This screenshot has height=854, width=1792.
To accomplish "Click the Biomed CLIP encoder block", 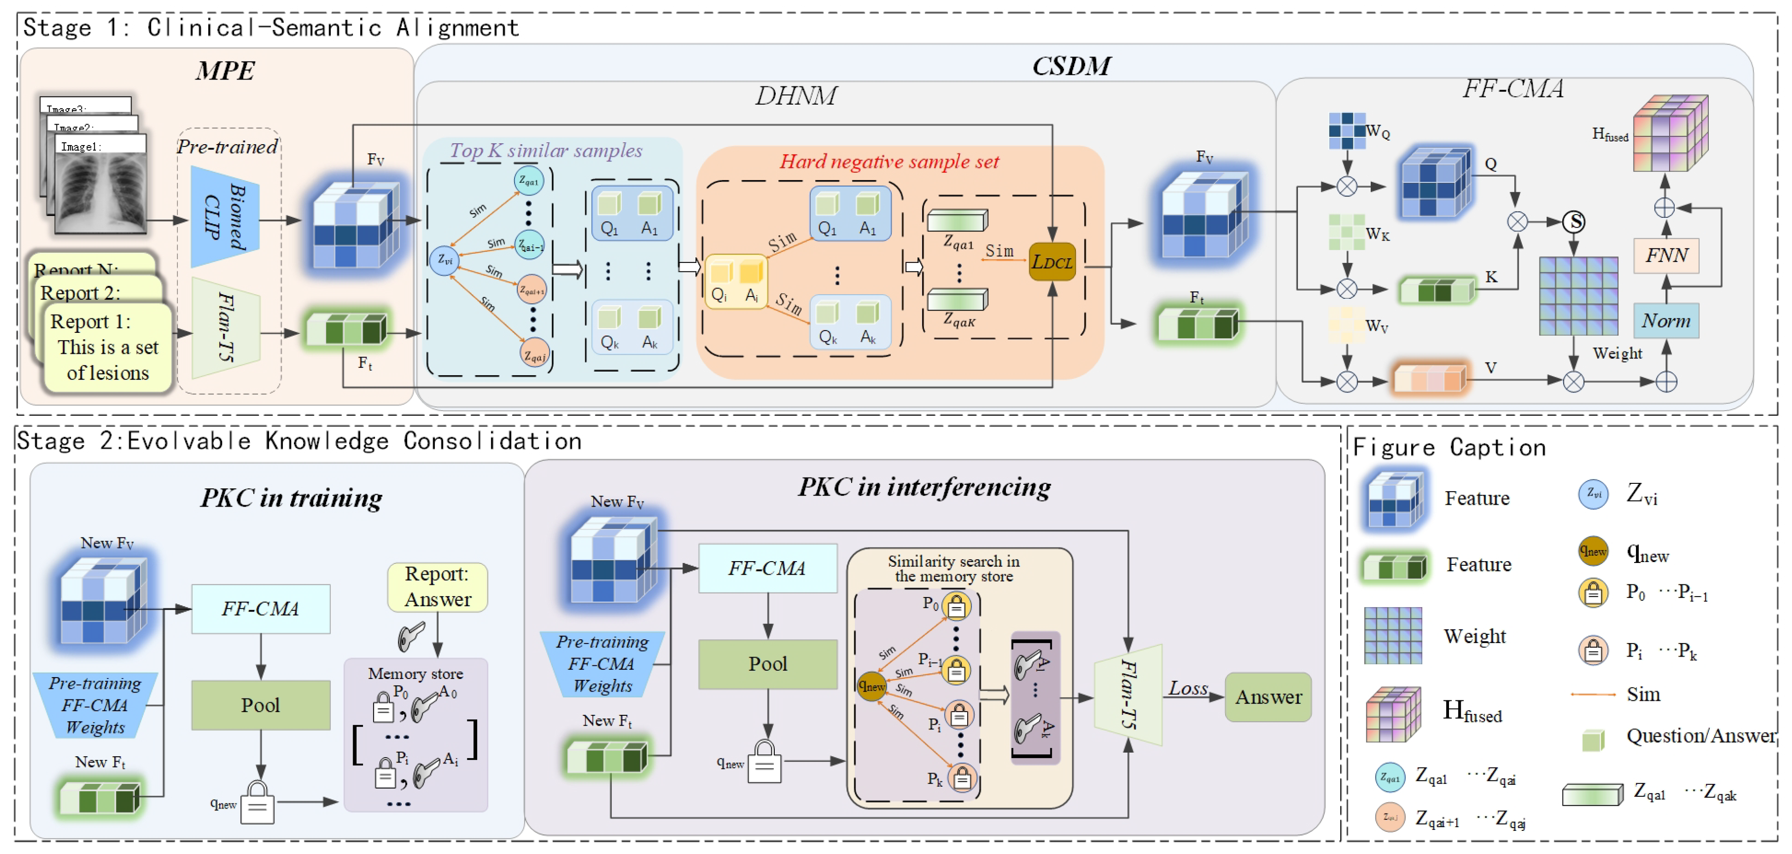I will tap(225, 217).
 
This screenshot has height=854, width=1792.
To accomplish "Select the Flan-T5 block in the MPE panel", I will tap(225, 327).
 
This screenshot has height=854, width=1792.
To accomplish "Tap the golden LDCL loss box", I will tap(1052, 262).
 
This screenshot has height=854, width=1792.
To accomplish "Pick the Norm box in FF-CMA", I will tap(1666, 321).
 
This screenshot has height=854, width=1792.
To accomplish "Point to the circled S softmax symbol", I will tap(1574, 222).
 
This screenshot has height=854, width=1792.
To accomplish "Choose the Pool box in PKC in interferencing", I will tap(767, 663).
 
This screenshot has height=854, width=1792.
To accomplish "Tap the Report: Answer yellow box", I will tap(437, 586).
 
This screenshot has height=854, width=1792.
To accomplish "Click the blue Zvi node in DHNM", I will tap(444, 261).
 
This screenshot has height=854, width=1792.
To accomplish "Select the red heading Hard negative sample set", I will tap(888, 161).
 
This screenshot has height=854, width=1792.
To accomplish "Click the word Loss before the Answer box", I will tap(1187, 688).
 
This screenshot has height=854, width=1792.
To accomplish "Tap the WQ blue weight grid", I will tap(1346, 131).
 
